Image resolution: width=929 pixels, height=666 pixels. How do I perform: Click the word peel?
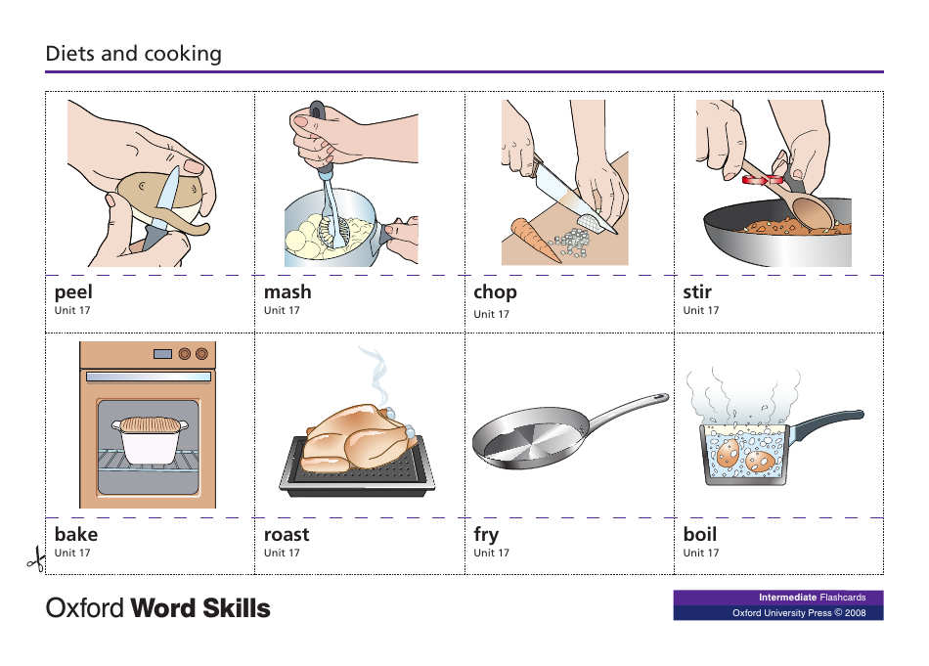73,291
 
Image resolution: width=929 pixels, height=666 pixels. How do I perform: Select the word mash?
288,291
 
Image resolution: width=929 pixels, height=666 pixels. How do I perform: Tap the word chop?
495,291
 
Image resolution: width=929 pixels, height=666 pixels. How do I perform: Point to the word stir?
697,291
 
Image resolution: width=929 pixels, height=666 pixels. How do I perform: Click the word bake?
76,534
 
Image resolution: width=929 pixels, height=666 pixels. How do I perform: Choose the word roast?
287,534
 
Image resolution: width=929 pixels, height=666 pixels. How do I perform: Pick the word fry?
486,534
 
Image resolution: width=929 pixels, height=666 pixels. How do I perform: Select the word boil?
700,534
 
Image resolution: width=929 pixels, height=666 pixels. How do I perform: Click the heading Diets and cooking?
134,54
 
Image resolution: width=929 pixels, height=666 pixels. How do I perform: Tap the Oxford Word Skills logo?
158,608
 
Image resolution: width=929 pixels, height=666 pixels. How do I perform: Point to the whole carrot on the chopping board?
536,240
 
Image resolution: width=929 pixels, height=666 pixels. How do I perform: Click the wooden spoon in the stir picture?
810,209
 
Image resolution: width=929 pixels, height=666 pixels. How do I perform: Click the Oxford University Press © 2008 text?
799,613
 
